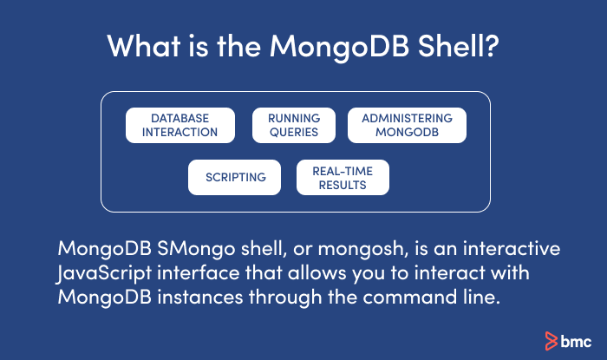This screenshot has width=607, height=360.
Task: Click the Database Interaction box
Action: tap(180, 125)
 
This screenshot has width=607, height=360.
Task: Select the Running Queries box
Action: tap(293, 125)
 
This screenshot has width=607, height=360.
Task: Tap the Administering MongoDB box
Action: tap(407, 125)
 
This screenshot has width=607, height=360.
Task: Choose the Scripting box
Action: tap(235, 177)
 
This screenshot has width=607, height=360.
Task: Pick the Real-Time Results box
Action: tap(343, 177)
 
